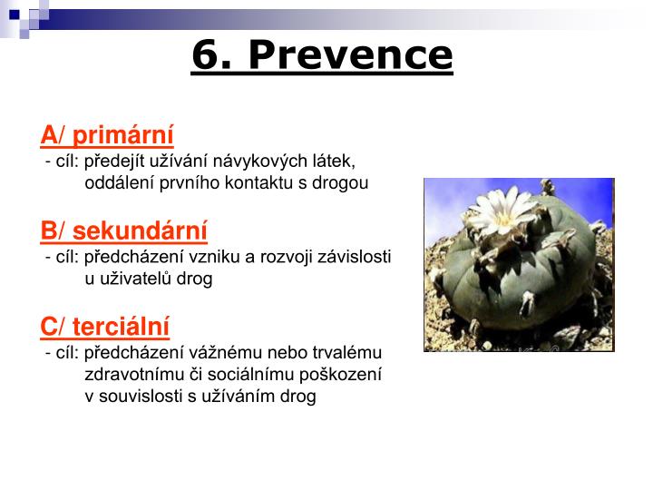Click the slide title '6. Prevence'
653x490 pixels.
322,55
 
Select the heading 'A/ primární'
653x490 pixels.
106,135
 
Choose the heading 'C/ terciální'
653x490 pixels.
104,326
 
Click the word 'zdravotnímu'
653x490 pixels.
129,374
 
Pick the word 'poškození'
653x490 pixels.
347,374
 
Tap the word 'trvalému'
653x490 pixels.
349,351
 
